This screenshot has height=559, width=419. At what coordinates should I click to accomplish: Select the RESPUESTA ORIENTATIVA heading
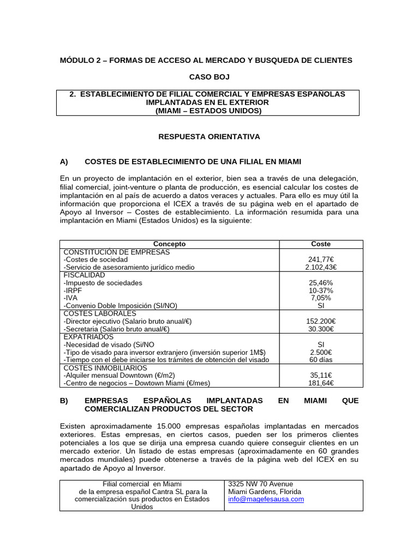coord(209,136)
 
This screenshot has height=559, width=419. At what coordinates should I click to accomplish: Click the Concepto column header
coord(169,244)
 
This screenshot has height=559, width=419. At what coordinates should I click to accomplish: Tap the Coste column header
coord(321,244)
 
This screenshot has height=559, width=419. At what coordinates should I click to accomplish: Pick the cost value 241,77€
coord(321,260)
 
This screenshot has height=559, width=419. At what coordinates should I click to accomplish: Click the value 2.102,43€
coord(321,267)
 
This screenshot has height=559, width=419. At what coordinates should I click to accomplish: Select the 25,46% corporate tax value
coord(321,283)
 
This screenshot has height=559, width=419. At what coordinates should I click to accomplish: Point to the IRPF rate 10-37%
coord(321,290)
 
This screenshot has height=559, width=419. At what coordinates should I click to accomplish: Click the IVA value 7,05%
coord(321,298)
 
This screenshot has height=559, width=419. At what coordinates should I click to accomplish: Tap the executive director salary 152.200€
coord(321,322)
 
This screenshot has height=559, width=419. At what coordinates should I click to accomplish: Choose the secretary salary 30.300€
coord(321,329)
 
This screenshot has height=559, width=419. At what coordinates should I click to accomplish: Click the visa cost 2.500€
coord(321,352)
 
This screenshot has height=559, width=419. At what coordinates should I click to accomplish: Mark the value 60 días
coord(321,360)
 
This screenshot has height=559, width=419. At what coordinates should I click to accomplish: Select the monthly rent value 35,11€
coord(321,376)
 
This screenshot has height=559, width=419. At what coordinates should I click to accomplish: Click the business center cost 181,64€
coord(321,383)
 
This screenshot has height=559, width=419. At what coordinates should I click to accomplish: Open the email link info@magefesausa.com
coord(266,499)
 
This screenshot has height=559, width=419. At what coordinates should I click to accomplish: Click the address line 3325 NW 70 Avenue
coord(260,484)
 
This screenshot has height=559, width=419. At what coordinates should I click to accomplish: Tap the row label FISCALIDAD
coord(84,275)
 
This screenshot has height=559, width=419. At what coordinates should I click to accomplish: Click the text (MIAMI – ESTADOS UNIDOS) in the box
coord(208,110)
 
